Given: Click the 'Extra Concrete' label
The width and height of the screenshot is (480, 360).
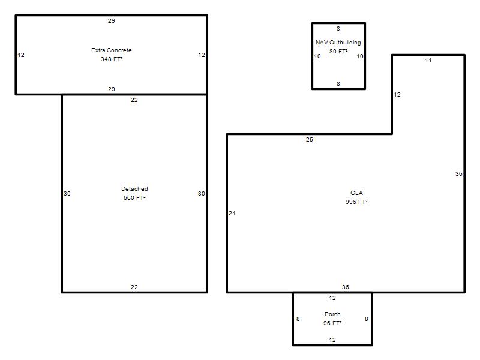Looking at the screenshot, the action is pyautogui.click(x=112, y=50).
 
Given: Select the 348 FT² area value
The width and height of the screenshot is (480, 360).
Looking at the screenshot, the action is pyautogui.click(x=112, y=59).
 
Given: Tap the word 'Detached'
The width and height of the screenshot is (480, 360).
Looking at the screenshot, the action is pyautogui.click(x=134, y=189).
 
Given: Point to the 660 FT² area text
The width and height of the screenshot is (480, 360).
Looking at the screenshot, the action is pyautogui.click(x=134, y=198).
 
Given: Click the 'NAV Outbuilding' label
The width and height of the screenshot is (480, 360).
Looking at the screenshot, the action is pyautogui.click(x=338, y=43).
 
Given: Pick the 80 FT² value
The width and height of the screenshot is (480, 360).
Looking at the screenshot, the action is pyautogui.click(x=338, y=52).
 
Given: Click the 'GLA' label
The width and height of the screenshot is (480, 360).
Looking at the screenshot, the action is pyautogui.click(x=356, y=193).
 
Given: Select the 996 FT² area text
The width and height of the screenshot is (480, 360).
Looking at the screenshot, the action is pyautogui.click(x=356, y=202).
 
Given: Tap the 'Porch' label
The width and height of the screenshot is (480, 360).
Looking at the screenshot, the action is pyautogui.click(x=332, y=314).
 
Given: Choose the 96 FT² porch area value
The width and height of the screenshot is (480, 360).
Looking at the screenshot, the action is pyautogui.click(x=332, y=323).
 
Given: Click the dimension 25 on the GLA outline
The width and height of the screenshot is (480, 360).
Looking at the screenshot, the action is pyautogui.click(x=310, y=140).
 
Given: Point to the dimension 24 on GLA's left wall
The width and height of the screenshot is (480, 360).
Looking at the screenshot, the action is pyautogui.click(x=232, y=214).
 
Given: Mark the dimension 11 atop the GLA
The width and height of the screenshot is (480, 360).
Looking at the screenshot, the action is pyautogui.click(x=428, y=61).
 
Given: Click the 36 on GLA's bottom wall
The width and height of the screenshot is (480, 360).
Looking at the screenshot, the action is pyautogui.click(x=346, y=287).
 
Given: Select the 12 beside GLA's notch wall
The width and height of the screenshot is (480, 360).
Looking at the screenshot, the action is pyautogui.click(x=397, y=95).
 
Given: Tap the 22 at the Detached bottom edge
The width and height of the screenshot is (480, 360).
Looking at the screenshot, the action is pyautogui.click(x=134, y=287).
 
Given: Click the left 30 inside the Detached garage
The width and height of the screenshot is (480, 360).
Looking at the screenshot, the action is pyautogui.click(x=67, y=193).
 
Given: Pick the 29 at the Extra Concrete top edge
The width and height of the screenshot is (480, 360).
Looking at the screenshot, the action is pyautogui.click(x=112, y=21).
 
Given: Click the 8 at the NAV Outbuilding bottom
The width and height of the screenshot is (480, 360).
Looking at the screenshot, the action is pyautogui.click(x=338, y=84).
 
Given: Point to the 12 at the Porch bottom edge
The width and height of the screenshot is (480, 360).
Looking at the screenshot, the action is pyautogui.click(x=332, y=340).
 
